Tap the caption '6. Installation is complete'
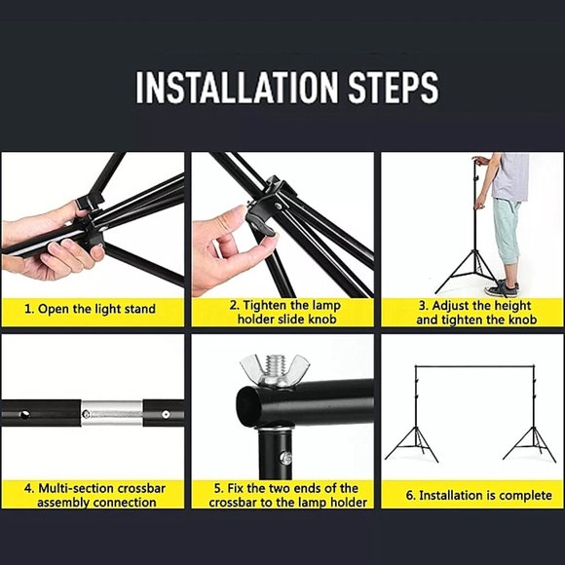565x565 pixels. coord(471,496)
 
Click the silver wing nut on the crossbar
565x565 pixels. coord(264,371)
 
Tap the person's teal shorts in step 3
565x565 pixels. coord(507,234)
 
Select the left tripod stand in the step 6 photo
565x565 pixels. coord(410,440)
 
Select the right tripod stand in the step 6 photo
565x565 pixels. coord(529,440)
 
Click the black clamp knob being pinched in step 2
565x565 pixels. coord(260,209)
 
